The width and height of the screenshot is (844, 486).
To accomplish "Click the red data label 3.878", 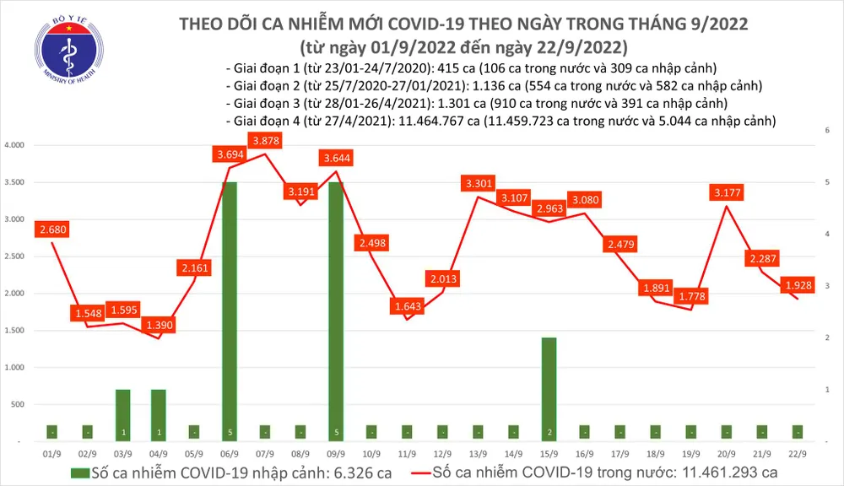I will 265,140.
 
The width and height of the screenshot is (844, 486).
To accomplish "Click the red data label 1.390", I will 158,325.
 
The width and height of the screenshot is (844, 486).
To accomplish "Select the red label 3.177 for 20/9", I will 726,193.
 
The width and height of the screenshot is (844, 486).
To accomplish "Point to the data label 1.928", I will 794,286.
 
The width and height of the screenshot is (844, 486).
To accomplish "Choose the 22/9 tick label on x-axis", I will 796,452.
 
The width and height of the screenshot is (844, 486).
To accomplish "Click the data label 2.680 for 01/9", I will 52,229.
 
